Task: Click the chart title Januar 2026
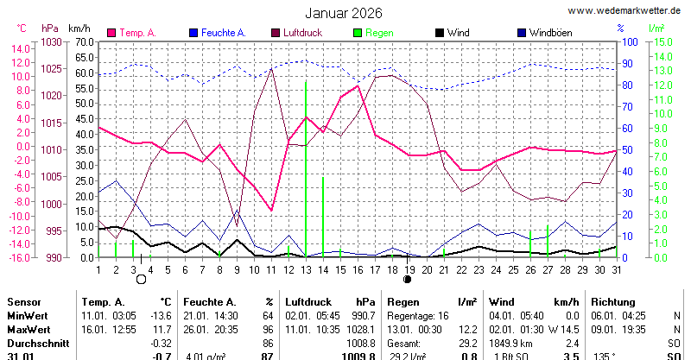pos(344,13)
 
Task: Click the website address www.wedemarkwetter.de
pos(626,10)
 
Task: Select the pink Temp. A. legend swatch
pos(111,33)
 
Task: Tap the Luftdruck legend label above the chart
pos(302,33)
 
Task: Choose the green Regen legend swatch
pos(358,33)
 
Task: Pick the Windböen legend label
pos(552,33)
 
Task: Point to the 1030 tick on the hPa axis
pos(52,41)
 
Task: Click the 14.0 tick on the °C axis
pos(20,48)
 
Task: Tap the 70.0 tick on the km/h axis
pos(84,41)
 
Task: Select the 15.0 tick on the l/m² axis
pos(660,41)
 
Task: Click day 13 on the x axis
pos(305,269)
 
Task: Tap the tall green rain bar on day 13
pos(306,173)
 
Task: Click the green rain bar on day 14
pos(323,216)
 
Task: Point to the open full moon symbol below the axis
pos(141,279)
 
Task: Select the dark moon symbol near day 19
pos(407,279)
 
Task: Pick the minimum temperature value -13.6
pos(162,316)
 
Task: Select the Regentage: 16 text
pos(419,316)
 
